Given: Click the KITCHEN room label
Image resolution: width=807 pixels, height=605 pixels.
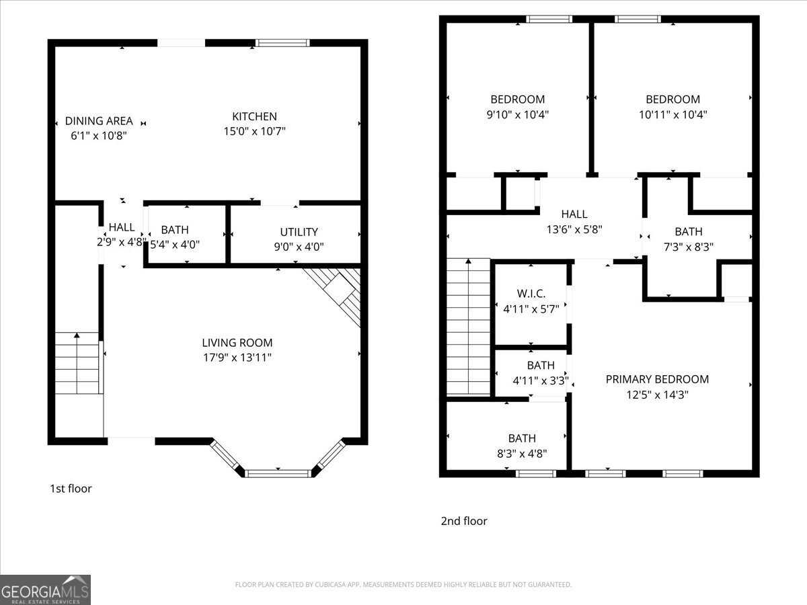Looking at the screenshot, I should (x=254, y=116).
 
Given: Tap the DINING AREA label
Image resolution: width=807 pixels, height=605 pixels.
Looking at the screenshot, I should (x=99, y=121).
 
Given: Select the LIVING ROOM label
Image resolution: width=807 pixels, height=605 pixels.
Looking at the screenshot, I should (x=237, y=343).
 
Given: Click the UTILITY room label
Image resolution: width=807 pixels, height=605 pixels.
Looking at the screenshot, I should (x=299, y=232).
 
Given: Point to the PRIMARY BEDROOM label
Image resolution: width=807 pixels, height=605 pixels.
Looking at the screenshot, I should (x=657, y=379).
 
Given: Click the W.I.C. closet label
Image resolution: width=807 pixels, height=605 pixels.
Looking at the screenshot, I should (x=531, y=294).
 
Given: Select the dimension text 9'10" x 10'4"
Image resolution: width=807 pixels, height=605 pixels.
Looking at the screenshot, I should (x=518, y=114).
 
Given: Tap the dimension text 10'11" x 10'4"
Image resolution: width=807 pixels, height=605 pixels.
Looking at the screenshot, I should (x=672, y=114).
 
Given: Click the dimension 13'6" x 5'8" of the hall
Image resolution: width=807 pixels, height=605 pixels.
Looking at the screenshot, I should (x=574, y=229).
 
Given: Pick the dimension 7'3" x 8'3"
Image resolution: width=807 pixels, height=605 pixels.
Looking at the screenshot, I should (x=688, y=247).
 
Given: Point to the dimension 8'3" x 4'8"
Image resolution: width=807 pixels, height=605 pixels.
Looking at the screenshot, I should (x=522, y=453).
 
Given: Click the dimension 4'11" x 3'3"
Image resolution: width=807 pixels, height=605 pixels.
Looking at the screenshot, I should (x=541, y=380).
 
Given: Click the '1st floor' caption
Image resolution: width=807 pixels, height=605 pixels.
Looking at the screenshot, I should (x=71, y=489).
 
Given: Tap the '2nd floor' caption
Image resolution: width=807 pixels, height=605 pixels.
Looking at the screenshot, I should (x=464, y=521).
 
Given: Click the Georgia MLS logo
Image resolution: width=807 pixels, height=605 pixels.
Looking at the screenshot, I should (x=45, y=590).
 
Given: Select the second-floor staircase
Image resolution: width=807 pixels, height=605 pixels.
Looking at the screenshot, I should (x=469, y=327).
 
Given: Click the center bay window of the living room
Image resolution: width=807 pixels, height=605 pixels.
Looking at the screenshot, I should (x=278, y=473).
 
